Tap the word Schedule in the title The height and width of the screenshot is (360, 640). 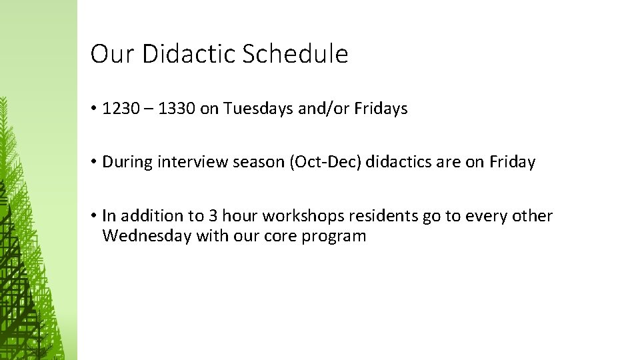[x=295, y=54]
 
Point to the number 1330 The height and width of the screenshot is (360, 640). [x=177, y=109]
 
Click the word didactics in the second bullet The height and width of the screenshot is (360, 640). [x=395, y=162]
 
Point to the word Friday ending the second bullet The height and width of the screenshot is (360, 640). [x=512, y=162]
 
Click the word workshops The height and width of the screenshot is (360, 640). [x=303, y=216]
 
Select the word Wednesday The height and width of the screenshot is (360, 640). [x=147, y=236]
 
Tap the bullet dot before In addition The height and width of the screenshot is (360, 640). [x=95, y=216]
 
